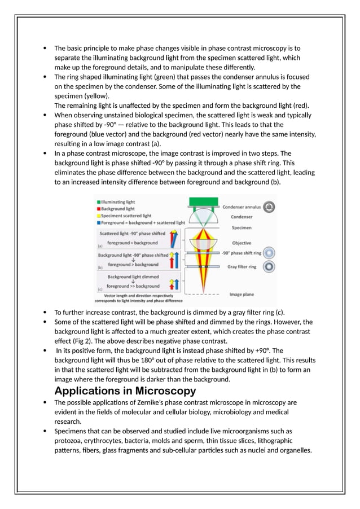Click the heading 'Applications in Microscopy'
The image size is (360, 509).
tap(125, 390)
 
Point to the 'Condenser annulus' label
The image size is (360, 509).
tap(242, 207)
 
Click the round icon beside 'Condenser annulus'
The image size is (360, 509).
tap(270, 207)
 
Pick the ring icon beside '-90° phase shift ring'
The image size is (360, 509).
tap(270, 253)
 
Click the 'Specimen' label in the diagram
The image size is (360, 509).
tap(242, 228)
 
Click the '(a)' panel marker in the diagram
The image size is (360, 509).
tap(100, 245)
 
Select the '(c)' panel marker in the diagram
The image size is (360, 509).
tap(100, 289)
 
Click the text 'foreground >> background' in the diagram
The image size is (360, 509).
tap(134, 286)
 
